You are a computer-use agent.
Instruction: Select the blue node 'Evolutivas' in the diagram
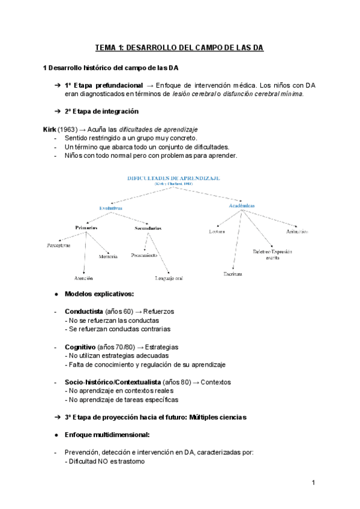click(110, 208)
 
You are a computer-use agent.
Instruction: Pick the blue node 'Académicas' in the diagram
click(242, 205)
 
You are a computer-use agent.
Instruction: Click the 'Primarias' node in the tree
click(86, 227)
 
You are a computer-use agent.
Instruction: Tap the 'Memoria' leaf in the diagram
click(108, 256)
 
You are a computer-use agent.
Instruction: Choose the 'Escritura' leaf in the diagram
click(232, 274)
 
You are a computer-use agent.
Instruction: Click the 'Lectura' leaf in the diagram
click(217, 231)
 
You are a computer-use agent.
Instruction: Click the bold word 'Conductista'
click(83, 312)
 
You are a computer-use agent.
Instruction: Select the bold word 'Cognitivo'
click(80, 347)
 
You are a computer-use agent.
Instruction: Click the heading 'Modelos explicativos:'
click(99, 294)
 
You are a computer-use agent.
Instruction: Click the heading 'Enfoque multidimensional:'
click(107, 434)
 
